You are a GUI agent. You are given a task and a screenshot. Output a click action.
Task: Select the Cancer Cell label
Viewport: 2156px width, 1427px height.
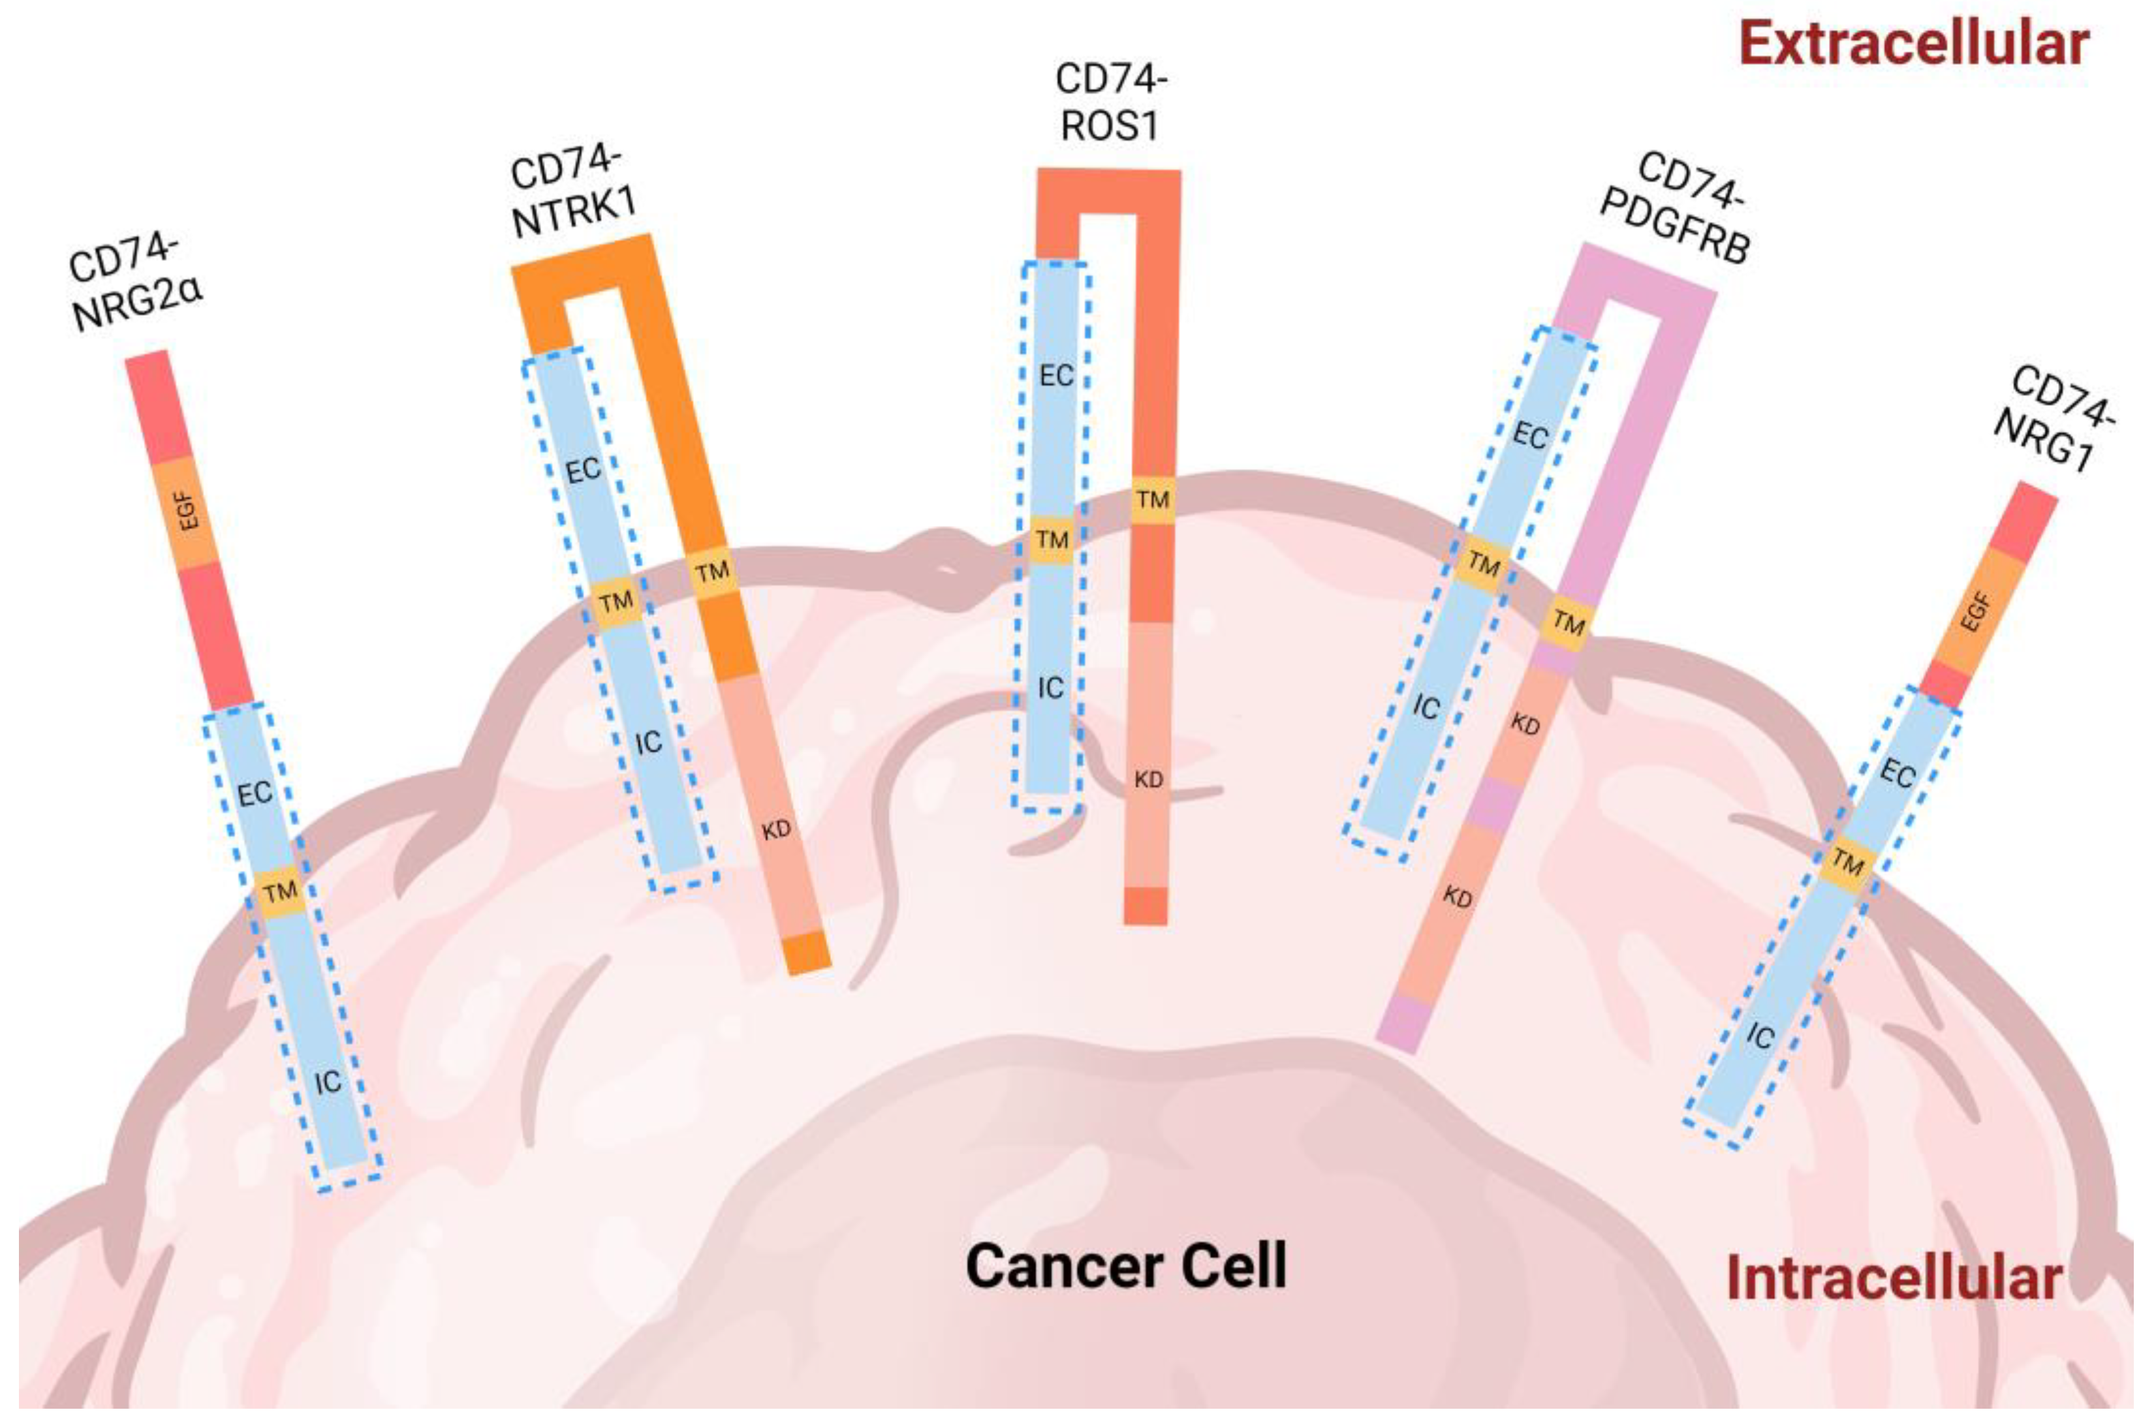[x=1125, y=1266]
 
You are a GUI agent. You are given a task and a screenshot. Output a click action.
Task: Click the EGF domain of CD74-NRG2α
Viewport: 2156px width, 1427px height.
[x=187, y=512]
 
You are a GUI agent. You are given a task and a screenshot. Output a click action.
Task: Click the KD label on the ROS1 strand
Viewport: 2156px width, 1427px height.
[x=1148, y=780]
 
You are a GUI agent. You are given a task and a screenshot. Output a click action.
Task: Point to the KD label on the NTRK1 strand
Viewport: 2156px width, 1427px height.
[x=775, y=830]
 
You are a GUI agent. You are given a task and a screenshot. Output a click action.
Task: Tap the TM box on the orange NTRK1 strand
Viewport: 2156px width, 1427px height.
[x=712, y=572]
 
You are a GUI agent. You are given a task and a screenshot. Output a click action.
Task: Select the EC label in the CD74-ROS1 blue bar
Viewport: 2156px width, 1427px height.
[x=1056, y=375]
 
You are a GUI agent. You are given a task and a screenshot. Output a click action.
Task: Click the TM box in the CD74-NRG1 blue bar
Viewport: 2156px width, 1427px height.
[x=1847, y=861]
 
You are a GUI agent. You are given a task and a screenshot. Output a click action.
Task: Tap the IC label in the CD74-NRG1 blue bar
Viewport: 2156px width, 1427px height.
[x=1760, y=1036]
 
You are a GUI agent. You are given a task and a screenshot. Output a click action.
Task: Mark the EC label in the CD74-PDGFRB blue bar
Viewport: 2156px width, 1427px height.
[x=1529, y=436]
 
